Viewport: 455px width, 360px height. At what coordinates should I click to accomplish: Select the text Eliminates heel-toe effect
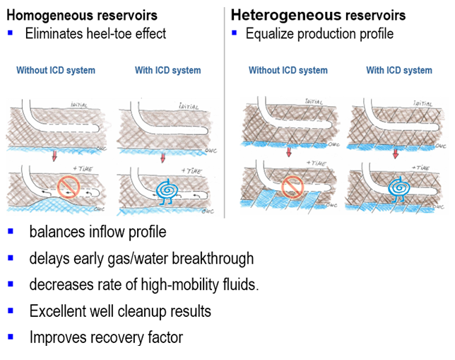point(95,33)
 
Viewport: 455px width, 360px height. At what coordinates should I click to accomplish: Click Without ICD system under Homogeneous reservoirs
point(56,70)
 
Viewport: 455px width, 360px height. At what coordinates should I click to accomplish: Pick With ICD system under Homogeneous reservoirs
point(167,70)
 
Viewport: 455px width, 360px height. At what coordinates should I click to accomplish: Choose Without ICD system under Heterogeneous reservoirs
point(288,70)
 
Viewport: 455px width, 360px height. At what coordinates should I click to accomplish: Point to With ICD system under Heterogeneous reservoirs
point(399,70)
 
